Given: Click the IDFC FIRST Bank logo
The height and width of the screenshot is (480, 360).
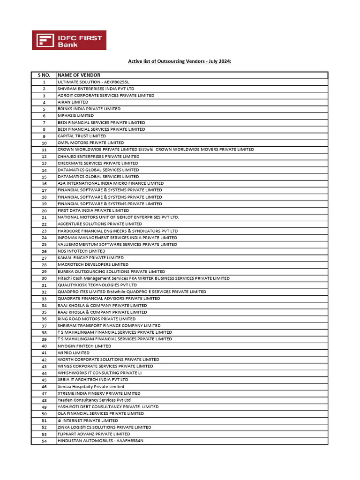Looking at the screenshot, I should pyautogui.click(x=69, y=40).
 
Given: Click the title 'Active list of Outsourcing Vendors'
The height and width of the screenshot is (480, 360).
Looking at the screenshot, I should pyautogui.click(x=180, y=61).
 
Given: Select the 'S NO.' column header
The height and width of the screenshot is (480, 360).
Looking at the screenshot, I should pyautogui.click(x=44, y=75).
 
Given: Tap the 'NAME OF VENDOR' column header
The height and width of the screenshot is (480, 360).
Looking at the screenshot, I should pyautogui.click(x=79, y=75).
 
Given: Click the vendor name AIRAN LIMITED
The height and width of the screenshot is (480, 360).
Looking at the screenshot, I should pyautogui.click(x=73, y=102).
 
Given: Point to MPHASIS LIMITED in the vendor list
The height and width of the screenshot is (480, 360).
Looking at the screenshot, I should pyautogui.click(x=75, y=116).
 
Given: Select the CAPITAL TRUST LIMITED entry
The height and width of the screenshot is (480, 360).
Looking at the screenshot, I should pyautogui.click(x=82, y=136).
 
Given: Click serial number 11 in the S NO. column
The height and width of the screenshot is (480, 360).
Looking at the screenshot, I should pyautogui.click(x=44, y=150).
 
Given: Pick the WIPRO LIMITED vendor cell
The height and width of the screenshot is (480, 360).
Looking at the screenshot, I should pyautogui.click(x=73, y=353).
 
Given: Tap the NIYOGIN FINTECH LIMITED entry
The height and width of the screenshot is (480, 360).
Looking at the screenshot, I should pyautogui.click(x=84, y=346).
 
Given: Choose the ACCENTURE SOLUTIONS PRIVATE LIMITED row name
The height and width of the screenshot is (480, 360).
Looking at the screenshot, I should pyautogui.click(x=99, y=224).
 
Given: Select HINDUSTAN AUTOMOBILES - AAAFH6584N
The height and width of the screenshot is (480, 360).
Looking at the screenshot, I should pyautogui.click(x=100, y=441).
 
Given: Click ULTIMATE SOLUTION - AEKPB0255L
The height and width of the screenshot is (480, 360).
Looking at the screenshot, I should pyautogui.click(x=93, y=82).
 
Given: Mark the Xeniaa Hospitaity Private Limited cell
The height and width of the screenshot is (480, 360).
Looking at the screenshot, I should pyautogui.click(x=91, y=387).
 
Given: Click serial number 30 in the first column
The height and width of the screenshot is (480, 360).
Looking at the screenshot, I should pyautogui.click(x=44, y=278).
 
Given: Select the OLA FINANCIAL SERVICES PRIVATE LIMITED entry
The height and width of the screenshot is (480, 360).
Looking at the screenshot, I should pyautogui.click(x=100, y=414).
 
